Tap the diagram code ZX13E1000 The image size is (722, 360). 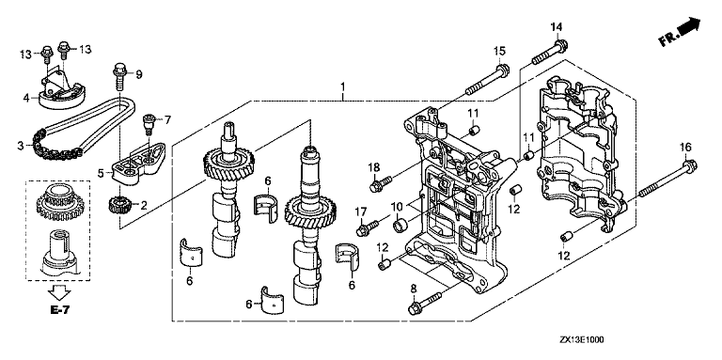point(582,340)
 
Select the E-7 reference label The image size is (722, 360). point(60,310)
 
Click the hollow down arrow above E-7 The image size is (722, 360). point(60,292)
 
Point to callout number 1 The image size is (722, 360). point(342,86)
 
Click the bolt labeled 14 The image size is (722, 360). point(550,52)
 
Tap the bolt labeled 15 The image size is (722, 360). point(487,80)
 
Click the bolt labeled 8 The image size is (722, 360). point(425,302)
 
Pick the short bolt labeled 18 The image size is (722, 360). point(381,182)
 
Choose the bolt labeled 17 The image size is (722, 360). point(367,227)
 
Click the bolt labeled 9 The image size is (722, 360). point(118,77)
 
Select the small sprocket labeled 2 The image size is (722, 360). point(118,204)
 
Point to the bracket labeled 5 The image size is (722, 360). point(137,164)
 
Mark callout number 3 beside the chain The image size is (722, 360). point(21,146)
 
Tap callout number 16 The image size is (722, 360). point(685,148)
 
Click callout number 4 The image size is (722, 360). point(26,97)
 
